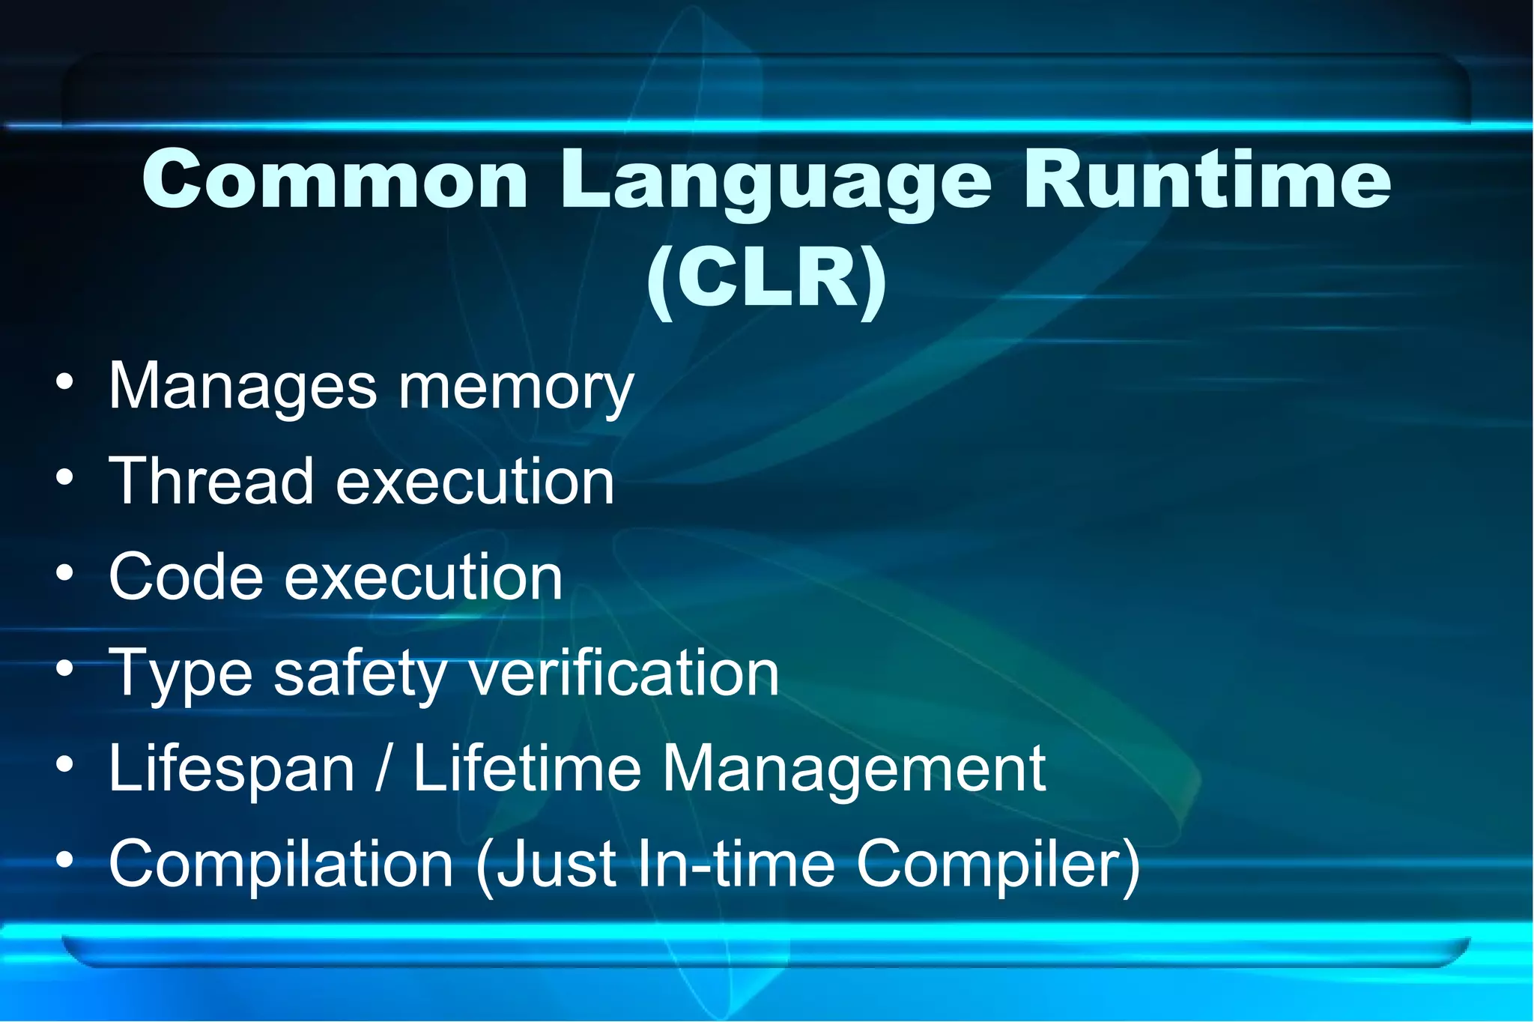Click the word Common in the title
point(335,180)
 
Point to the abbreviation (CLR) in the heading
point(766,279)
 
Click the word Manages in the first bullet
point(243,388)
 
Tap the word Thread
point(210,481)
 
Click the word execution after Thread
point(476,481)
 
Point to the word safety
point(360,674)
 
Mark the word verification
point(624,672)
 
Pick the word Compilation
point(282,863)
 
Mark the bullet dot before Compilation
point(65,860)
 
